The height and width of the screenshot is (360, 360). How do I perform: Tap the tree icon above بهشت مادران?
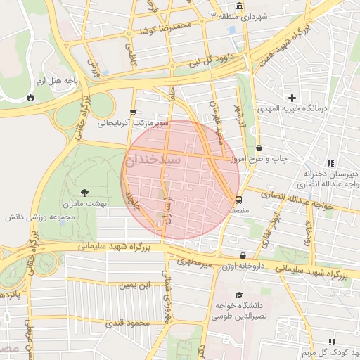coord(85,192)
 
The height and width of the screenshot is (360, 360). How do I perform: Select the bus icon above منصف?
coord(238,199)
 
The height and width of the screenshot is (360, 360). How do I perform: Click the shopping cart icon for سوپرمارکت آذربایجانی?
coord(133,112)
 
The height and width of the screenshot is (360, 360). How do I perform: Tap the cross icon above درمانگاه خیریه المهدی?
coord(292,97)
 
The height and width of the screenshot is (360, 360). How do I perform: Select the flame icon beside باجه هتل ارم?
coord(30,98)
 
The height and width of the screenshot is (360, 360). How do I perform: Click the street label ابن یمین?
coord(134,285)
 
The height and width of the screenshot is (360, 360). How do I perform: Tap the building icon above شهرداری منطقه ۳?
coord(239,6)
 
